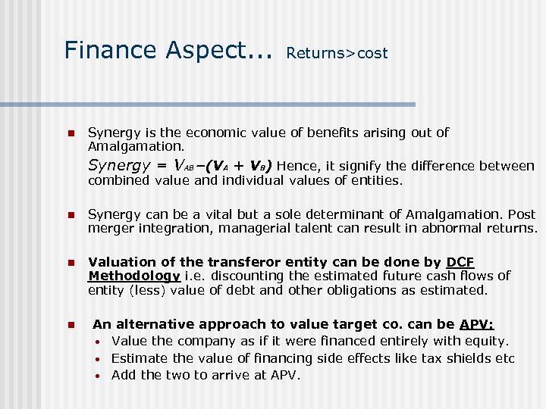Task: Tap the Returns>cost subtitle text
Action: [337, 53]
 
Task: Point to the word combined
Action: [119, 180]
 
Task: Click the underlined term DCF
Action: [460, 262]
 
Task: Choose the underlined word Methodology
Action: [134, 276]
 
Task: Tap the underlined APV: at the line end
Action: [477, 324]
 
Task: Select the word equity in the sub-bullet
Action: [485, 341]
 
